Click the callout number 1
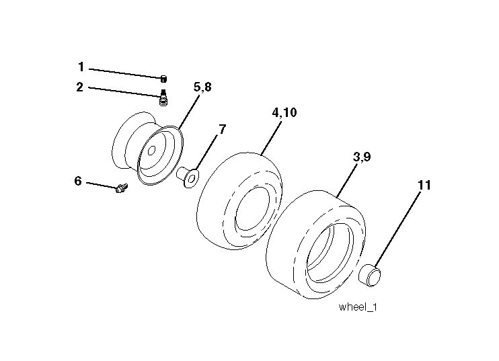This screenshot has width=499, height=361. tap(81, 67)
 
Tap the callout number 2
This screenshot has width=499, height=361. tap(80, 87)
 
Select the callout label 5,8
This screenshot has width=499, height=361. tap(202, 87)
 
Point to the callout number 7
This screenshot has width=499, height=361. tap(222, 129)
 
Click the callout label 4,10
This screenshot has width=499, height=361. tap(284, 112)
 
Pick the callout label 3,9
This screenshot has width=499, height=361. tap(362, 157)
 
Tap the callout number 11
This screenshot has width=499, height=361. tap(424, 185)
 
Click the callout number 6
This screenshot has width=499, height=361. tap(78, 181)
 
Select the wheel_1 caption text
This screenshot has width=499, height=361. tap(358, 307)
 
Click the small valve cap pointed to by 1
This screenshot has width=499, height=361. tap(163, 79)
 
